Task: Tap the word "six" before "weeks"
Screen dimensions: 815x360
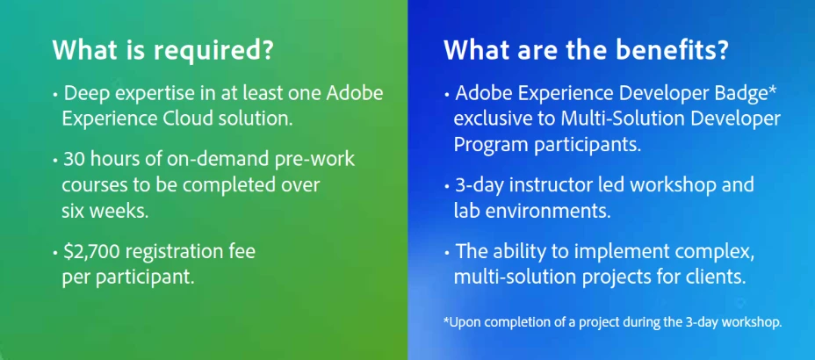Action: tap(71, 212)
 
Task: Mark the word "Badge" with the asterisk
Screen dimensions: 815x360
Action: tap(745, 93)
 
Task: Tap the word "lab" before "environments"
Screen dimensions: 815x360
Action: tap(465, 211)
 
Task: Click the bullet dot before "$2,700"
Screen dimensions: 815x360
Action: tap(55, 254)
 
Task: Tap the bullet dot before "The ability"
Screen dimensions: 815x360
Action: tap(447, 253)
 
